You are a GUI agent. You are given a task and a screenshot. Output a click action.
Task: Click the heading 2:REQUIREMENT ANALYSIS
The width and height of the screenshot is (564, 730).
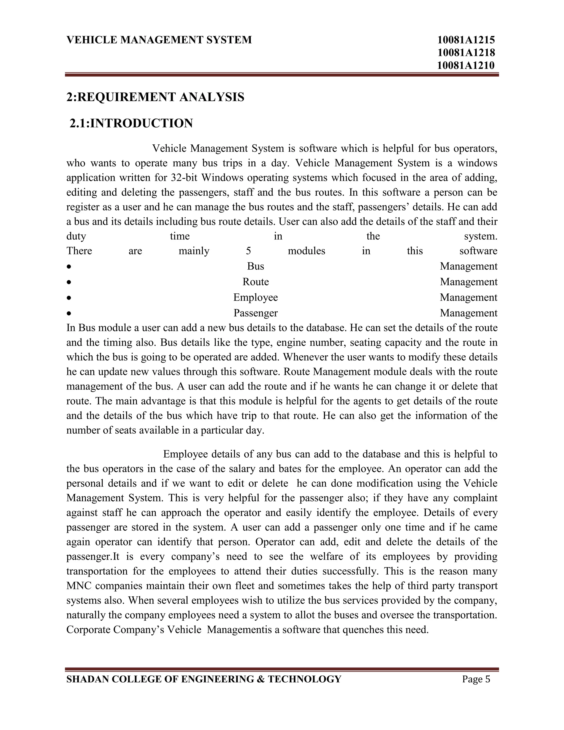155,97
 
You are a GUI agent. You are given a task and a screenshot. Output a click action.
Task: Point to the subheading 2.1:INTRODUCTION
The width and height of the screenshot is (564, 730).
131,123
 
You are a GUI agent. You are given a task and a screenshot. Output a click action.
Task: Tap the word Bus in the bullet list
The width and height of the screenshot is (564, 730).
256,266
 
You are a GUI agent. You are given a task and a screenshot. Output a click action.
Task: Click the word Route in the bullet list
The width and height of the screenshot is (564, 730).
256,282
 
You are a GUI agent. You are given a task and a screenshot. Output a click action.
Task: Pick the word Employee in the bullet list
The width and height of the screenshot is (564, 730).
256,297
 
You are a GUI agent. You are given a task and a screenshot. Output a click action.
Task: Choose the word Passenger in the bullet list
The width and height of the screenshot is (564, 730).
256,313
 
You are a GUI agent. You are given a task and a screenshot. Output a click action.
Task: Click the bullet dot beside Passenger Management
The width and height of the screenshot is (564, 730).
69,313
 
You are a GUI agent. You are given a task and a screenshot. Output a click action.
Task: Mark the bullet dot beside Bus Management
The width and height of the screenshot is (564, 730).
69,267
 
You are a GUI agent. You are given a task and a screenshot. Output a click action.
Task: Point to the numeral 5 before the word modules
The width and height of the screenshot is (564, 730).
248,251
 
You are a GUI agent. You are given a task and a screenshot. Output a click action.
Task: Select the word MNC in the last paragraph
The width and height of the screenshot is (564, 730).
78,586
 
